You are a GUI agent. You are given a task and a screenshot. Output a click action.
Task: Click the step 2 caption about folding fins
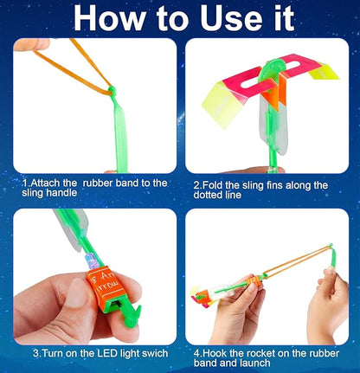(260, 190)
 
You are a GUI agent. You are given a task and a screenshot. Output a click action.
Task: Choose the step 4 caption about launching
(260, 359)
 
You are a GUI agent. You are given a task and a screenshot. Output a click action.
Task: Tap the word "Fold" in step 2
(215, 184)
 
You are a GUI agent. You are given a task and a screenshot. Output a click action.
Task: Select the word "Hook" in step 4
(213, 354)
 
